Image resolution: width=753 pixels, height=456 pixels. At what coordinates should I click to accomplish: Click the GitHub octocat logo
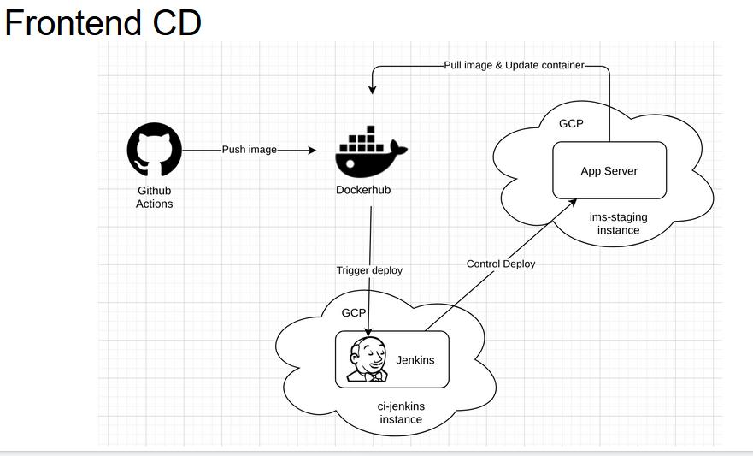155,150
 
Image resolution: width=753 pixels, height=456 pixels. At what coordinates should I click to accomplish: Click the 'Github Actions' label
155,198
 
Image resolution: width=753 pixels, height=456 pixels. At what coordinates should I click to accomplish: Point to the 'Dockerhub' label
363,190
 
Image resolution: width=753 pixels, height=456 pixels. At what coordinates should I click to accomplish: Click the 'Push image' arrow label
250,150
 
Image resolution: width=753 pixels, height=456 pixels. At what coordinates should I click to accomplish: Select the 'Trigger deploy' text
369,270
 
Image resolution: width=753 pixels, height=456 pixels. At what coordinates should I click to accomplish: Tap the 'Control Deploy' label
501,264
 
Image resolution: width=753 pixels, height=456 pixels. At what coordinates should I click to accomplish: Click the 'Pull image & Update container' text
514,65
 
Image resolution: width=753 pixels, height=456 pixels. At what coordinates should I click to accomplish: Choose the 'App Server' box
609,170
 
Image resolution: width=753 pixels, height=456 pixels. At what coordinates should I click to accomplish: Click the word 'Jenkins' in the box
415,360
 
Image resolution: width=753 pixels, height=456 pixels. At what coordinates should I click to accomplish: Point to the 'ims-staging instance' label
619,223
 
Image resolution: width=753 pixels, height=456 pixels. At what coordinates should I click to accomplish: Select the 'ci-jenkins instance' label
401,412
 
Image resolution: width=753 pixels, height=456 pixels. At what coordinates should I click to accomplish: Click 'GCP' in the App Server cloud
571,124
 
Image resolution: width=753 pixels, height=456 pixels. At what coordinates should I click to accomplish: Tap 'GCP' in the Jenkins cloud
354,313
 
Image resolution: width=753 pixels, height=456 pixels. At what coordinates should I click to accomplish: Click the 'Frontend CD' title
103,22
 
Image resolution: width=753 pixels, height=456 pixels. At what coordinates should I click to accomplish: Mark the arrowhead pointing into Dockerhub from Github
311,150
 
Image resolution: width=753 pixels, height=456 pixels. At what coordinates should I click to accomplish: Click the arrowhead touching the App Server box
573,199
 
